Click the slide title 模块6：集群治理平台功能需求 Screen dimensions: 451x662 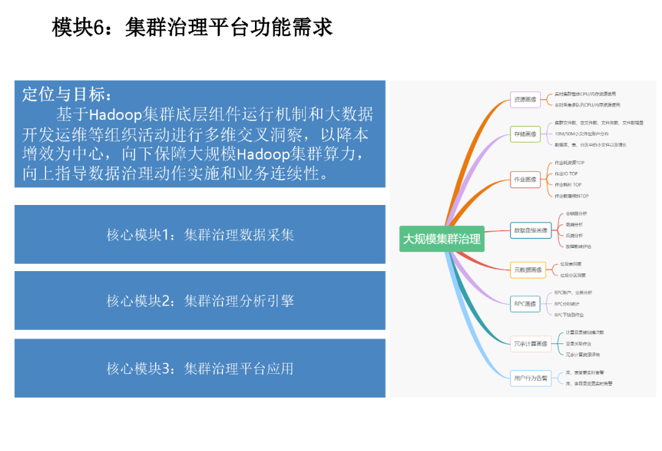tap(192, 28)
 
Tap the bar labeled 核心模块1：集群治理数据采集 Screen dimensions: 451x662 tap(200, 235)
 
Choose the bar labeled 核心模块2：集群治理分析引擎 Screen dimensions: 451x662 tap(200, 300)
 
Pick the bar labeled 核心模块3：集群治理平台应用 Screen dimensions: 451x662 tap(200, 368)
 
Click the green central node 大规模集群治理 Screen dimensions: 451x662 tap(441, 239)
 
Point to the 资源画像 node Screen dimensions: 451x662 tap(525, 99)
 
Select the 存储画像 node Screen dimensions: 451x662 tap(525, 133)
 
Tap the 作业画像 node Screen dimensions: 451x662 tap(525, 179)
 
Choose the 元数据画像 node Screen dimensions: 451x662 tap(528, 269)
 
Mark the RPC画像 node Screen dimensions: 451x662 tap(525, 303)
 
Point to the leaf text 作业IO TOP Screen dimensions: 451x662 tap(566, 174)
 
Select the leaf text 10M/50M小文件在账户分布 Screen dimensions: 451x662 tap(581, 133)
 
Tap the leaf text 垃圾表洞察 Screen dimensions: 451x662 tap(571, 264)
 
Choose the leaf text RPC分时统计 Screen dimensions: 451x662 tap(568, 304)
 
